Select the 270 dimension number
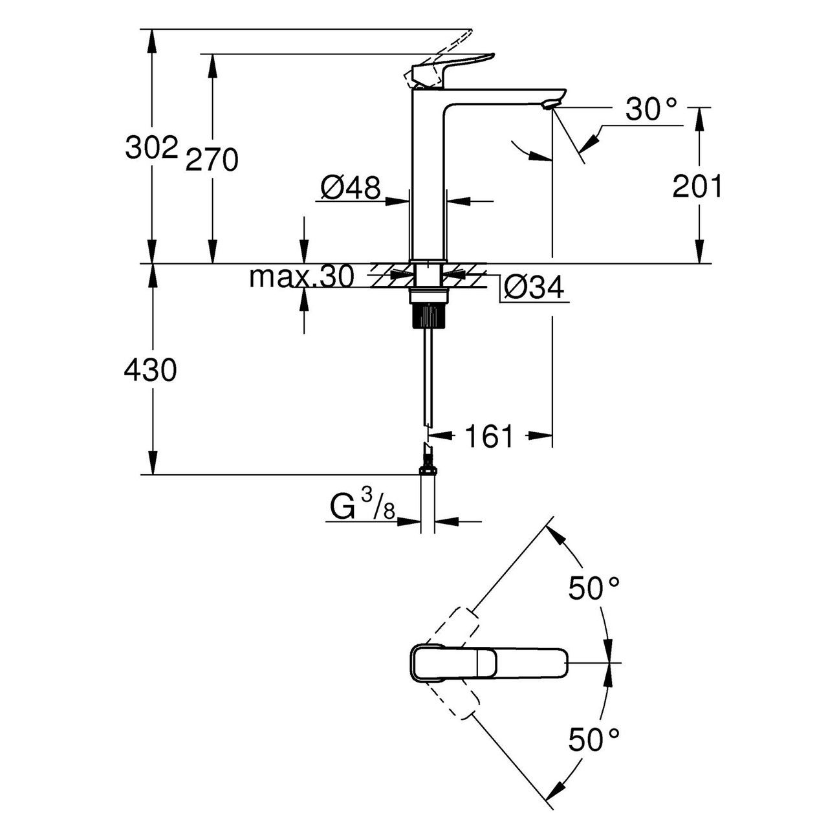pos(212,160)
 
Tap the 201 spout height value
pos(697,187)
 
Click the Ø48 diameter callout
pos(350,188)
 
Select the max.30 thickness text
pos(302,278)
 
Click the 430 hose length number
pos(150,371)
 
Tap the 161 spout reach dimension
pos(489,437)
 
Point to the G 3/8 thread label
pos(362,507)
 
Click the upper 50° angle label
pos(594,588)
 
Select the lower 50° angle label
pos(594,739)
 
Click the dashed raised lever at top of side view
pos(446,55)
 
